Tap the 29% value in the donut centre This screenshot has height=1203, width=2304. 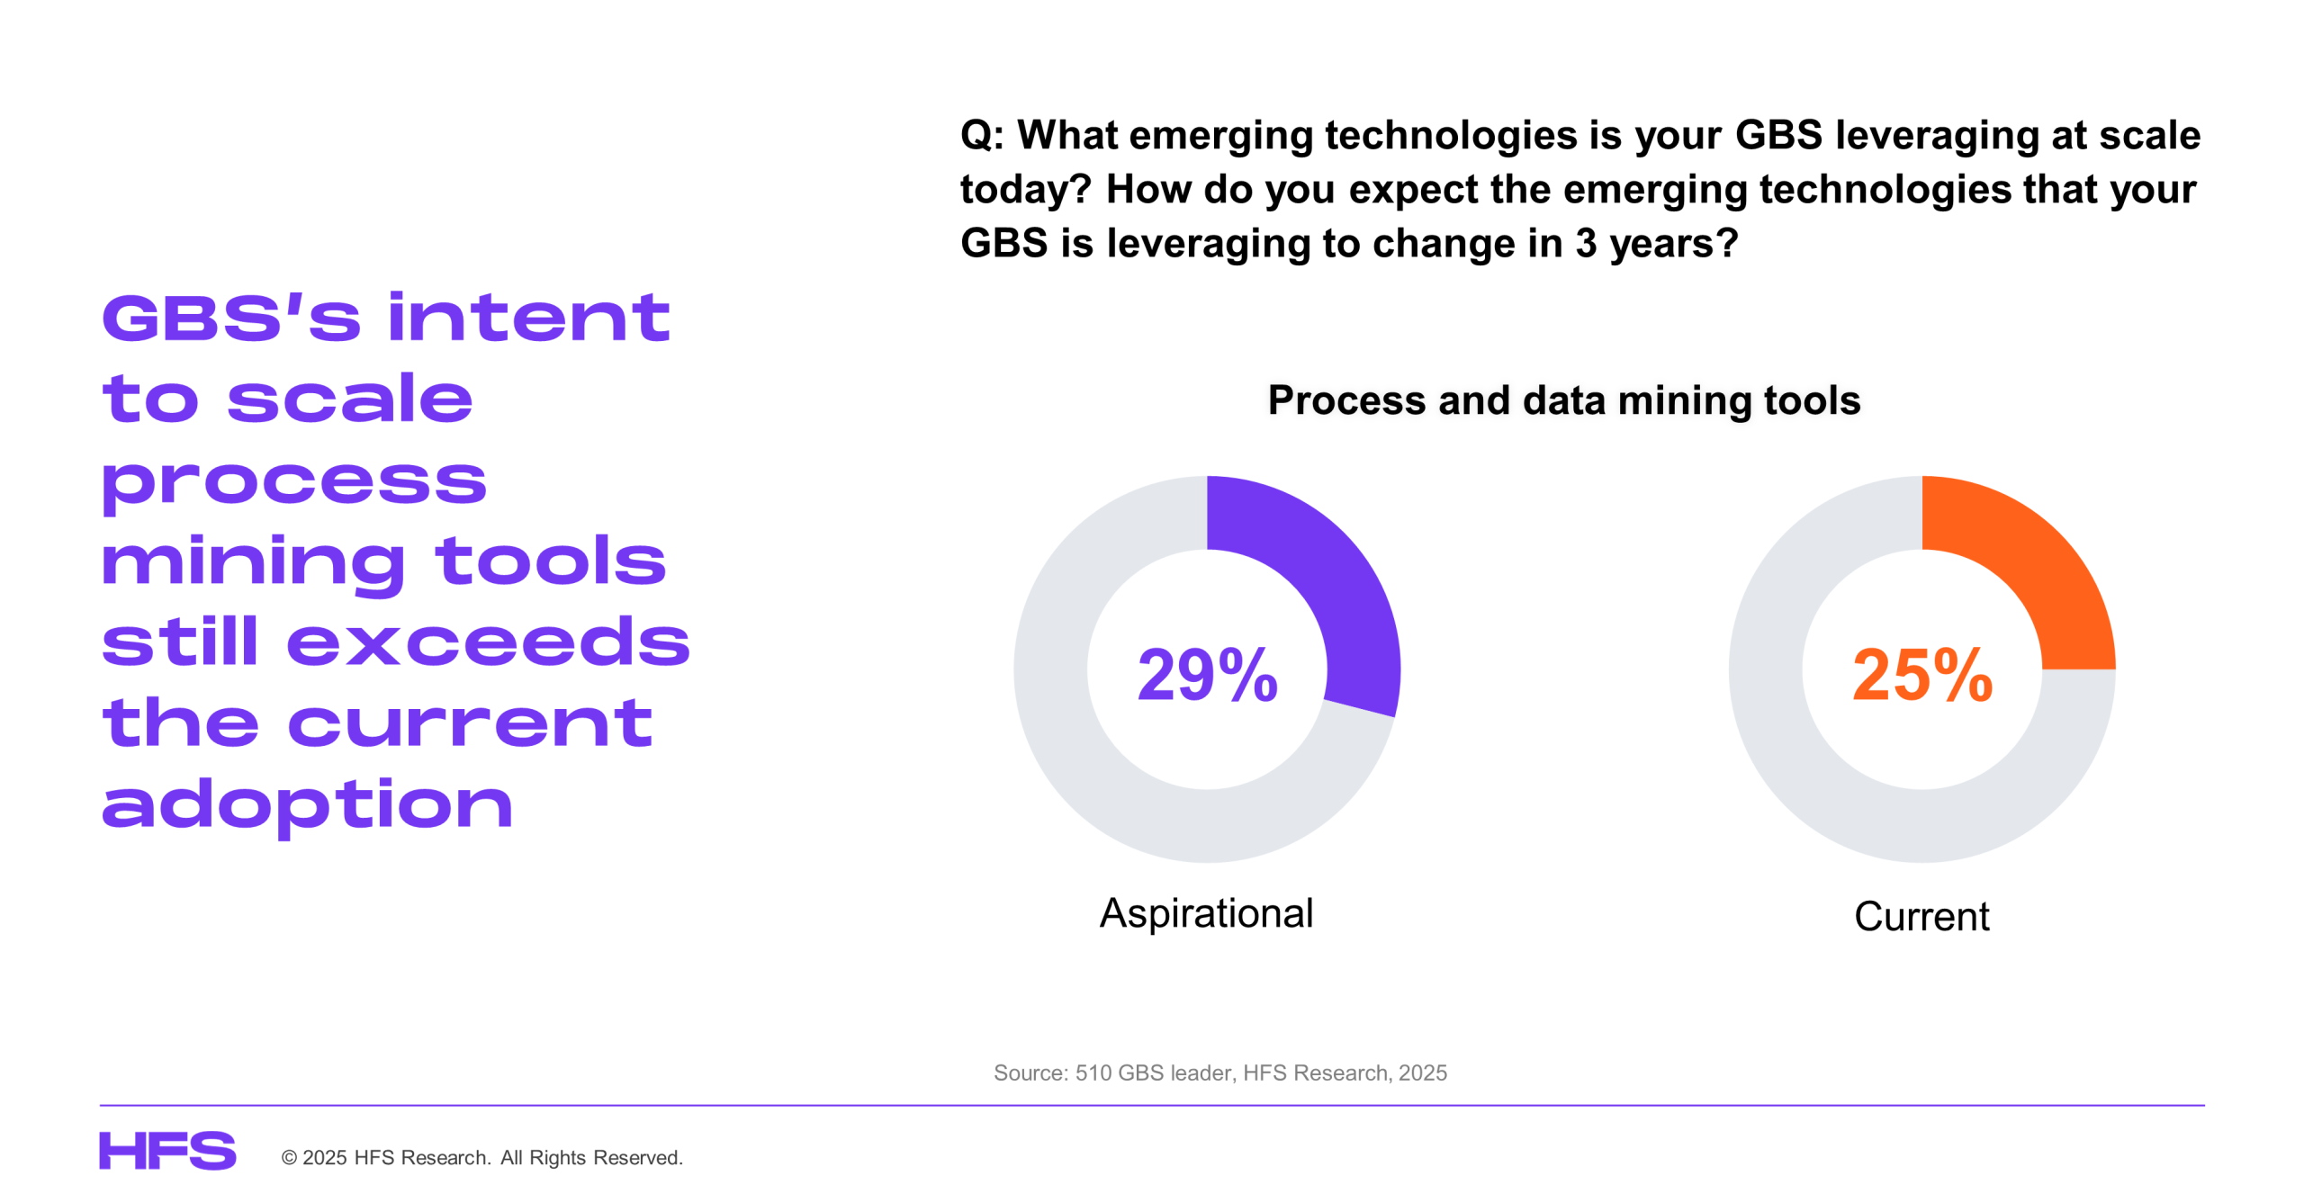click(1207, 675)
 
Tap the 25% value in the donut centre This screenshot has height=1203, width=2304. click(1922, 675)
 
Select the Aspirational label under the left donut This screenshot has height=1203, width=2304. click(1206, 913)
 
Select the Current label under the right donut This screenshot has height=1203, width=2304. click(1921, 916)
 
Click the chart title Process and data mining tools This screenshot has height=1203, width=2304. click(1564, 400)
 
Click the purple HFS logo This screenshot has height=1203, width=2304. click(167, 1151)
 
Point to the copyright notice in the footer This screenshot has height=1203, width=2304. click(482, 1157)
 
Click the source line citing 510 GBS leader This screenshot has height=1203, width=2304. click(1219, 1073)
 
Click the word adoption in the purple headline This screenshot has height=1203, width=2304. click(307, 806)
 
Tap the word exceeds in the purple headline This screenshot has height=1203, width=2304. click(488, 642)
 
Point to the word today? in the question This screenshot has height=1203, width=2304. click(1025, 190)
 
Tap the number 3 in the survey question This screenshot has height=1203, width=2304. click(1586, 244)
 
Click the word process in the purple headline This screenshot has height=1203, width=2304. click(294, 484)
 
